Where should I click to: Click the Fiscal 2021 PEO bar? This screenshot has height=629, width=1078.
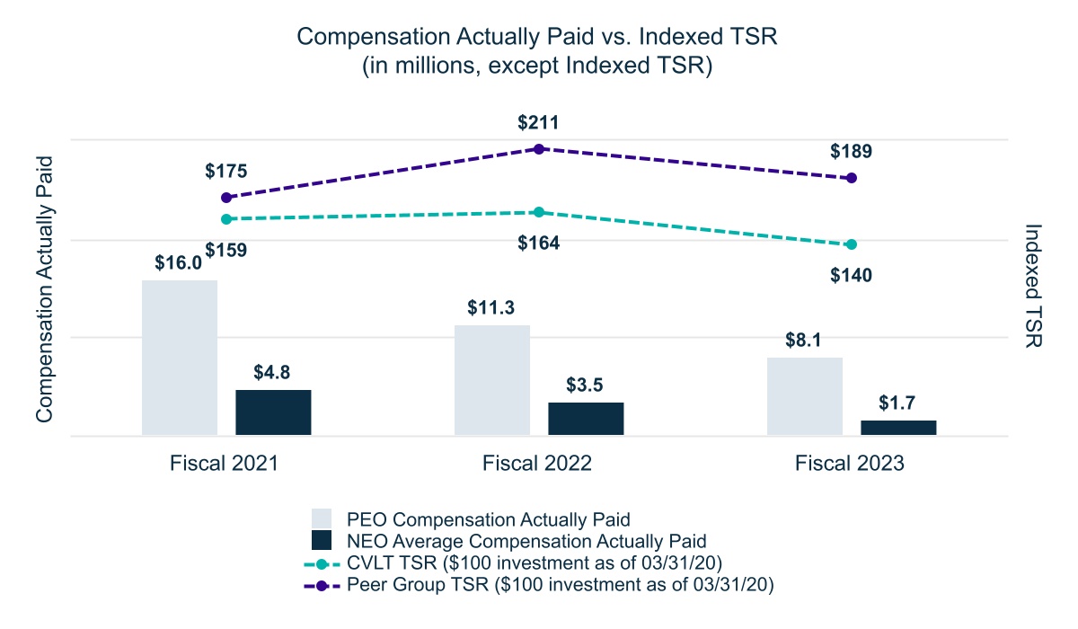click(180, 358)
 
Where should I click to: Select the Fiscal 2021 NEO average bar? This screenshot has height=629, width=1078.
click(273, 412)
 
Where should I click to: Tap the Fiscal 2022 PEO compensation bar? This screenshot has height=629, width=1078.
click(492, 380)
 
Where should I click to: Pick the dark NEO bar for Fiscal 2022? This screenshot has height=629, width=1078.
click(586, 419)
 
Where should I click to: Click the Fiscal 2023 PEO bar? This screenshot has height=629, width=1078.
click(805, 396)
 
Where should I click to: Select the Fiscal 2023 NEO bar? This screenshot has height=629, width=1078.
click(898, 428)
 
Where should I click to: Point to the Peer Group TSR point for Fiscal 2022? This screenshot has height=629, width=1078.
click(539, 148)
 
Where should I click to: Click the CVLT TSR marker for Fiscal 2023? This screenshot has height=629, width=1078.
click(852, 244)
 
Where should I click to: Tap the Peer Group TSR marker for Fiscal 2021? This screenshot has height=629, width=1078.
click(226, 198)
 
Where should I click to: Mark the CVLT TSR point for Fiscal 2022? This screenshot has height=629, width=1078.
click(539, 212)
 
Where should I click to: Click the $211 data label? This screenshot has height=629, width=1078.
click(539, 122)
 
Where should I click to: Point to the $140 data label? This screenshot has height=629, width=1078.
click(852, 275)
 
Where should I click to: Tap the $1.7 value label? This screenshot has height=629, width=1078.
click(898, 402)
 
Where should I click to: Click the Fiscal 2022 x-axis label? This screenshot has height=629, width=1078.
click(537, 464)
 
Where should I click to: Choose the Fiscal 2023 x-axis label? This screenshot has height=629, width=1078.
click(850, 464)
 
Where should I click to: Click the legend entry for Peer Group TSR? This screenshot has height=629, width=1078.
click(557, 584)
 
